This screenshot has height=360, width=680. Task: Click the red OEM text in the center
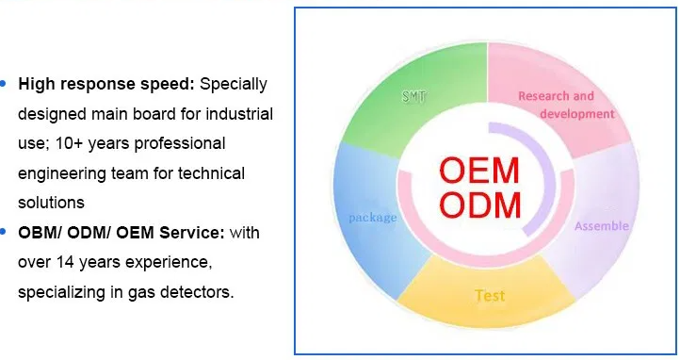(479, 171)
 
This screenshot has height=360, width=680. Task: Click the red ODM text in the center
(480, 205)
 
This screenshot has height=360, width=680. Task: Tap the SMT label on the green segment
(413, 96)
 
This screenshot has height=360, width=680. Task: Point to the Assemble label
(602, 225)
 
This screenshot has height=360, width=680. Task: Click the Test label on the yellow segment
(490, 296)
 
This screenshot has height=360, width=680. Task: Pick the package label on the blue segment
(373, 218)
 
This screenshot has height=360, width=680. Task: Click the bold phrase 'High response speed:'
(106, 84)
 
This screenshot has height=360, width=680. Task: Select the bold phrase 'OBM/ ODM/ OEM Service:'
(121, 233)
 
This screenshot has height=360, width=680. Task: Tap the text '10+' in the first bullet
(69, 143)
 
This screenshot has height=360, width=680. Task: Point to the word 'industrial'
(239, 114)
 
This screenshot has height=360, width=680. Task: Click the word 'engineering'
(62, 174)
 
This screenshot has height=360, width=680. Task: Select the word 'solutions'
(51, 203)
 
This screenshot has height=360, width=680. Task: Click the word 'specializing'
(61, 293)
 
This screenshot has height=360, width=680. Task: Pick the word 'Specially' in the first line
(234, 85)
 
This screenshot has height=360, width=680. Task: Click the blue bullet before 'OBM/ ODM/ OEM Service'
(3, 232)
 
